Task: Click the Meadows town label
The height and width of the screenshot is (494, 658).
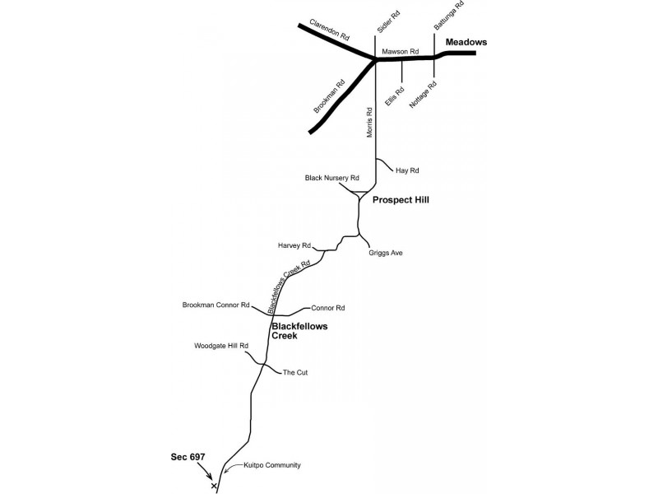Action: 466,42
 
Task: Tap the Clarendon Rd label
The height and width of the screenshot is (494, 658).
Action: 330,30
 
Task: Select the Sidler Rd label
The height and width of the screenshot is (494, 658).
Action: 388,22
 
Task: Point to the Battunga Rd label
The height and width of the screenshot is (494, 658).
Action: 449,15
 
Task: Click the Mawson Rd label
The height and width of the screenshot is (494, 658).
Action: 401,51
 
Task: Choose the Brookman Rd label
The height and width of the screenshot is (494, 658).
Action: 329,96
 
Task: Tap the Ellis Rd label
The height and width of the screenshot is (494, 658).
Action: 395,96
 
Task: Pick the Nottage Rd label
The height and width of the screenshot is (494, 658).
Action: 423,94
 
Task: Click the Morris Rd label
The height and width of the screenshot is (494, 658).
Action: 369,122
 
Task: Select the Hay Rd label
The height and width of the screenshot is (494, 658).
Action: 407,170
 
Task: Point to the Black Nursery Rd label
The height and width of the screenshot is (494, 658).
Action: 332,178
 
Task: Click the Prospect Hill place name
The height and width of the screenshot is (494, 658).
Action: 401,200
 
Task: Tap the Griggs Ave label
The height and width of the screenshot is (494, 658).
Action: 386,253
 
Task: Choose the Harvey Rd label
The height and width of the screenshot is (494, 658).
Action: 294,245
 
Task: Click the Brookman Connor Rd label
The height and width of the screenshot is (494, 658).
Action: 215,305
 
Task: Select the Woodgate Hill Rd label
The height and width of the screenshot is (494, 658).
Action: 221,346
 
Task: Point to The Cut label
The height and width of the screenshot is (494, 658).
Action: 295,373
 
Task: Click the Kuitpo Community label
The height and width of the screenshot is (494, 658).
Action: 272,465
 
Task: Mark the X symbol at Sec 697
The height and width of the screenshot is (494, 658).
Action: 214,486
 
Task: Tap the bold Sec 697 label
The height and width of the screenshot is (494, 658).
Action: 188,457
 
